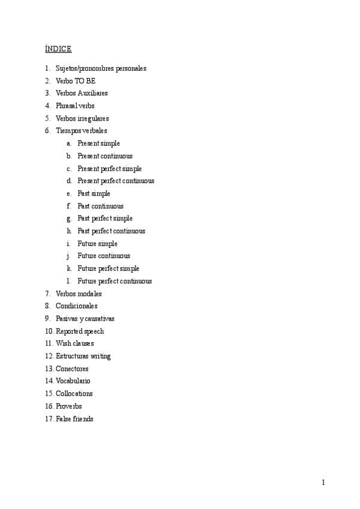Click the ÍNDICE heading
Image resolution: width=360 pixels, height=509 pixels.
58,48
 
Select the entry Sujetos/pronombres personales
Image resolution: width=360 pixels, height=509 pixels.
101,68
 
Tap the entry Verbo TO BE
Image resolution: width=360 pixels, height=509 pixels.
76,81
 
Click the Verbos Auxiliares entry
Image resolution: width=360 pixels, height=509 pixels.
82,93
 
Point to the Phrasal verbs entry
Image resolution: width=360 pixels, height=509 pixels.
75,106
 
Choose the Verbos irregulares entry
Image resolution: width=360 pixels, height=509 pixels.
82,118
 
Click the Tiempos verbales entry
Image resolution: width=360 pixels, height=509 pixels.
82,131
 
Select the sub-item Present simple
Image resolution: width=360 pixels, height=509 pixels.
98,143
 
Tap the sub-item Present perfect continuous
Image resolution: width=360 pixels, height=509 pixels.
116,181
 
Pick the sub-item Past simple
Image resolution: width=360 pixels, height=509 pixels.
94,193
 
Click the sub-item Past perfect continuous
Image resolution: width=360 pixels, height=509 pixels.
111,231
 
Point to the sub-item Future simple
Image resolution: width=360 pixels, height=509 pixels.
97,244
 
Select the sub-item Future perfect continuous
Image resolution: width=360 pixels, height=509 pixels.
115,281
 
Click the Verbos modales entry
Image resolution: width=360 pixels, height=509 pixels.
79,294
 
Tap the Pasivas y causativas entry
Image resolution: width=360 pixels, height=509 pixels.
85,319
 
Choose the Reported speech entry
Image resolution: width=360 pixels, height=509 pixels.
80,331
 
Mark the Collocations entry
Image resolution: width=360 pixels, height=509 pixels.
74,394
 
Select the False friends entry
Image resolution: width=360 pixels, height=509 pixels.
74,419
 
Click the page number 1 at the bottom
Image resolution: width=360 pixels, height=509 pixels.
323,483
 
